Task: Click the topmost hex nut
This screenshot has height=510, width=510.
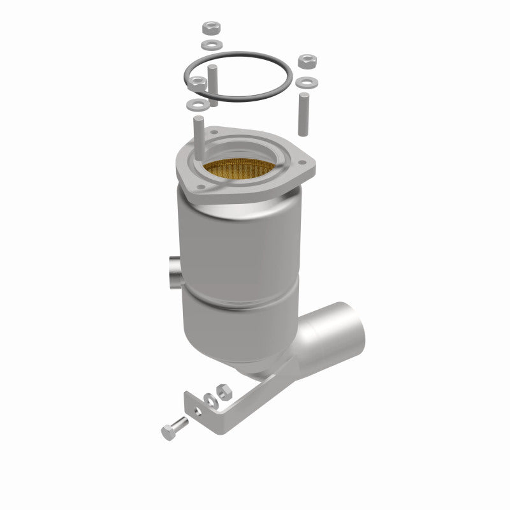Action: point(210,29)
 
